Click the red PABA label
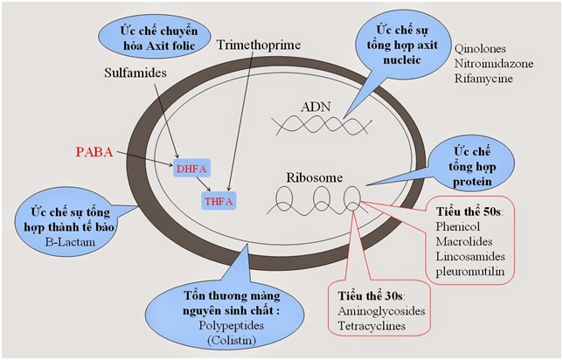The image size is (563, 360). (x=94, y=152)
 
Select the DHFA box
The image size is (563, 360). (x=191, y=169)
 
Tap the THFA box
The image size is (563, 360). (x=219, y=201)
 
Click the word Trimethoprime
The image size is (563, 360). (x=259, y=45)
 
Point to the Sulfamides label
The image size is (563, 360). (x=136, y=73)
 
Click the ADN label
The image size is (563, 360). (x=316, y=107)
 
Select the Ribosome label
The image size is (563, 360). (x=315, y=177)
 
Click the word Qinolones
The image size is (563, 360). (x=480, y=48)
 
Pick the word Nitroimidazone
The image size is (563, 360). (x=494, y=64)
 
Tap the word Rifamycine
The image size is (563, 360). (x=483, y=79)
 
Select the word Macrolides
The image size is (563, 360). (x=464, y=241)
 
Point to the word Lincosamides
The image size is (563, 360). (x=470, y=256)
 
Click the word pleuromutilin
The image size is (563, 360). (x=470, y=272)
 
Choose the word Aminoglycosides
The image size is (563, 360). (x=381, y=311)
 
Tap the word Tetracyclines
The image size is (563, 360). (x=372, y=326)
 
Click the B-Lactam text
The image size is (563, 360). (x=70, y=242)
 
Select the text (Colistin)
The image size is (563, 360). (x=232, y=340)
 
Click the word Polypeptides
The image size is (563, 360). (x=231, y=326)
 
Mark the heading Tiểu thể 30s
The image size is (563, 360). (x=372, y=296)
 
